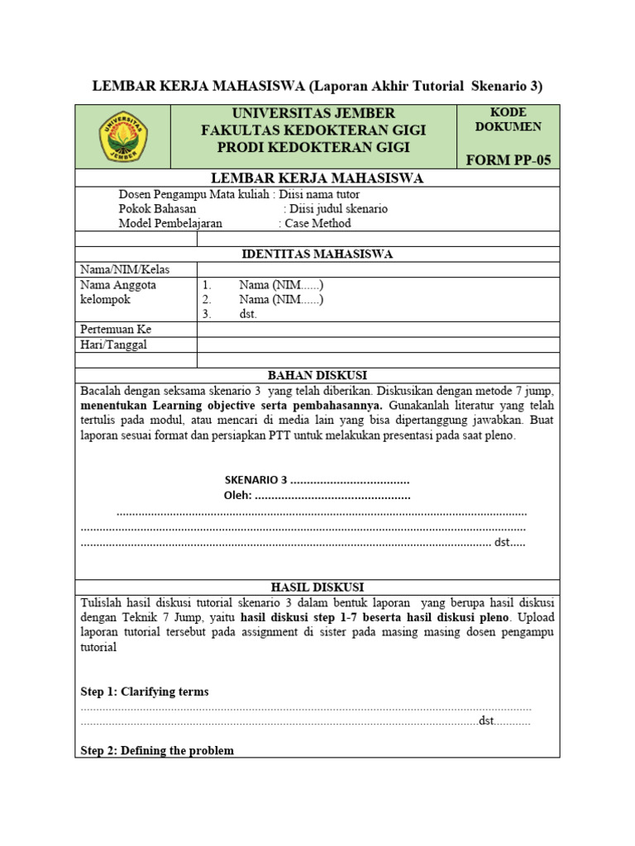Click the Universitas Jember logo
coord(122,136)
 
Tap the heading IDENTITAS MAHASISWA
coord(317,254)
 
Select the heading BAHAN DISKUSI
coord(317,375)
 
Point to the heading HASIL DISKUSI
coord(317,587)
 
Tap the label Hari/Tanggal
coord(113,345)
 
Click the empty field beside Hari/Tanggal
coord(378,345)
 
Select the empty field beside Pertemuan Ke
coord(378,330)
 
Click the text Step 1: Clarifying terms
coord(145,692)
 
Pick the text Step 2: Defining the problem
coord(157,751)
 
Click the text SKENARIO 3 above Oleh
coord(255,481)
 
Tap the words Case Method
coord(317,224)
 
